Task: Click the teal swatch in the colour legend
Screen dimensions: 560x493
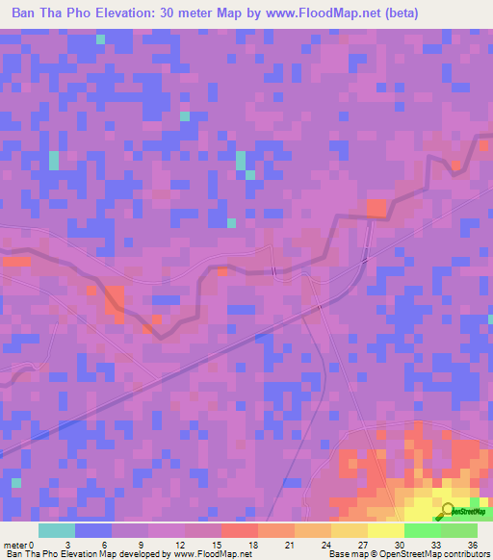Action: (x=56, y=530)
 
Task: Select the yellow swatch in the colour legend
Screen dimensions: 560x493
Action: (x=385, y=530)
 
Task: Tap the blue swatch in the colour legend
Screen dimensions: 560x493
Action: (x=92, y=530)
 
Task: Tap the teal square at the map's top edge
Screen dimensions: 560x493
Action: (x=100, y=38)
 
